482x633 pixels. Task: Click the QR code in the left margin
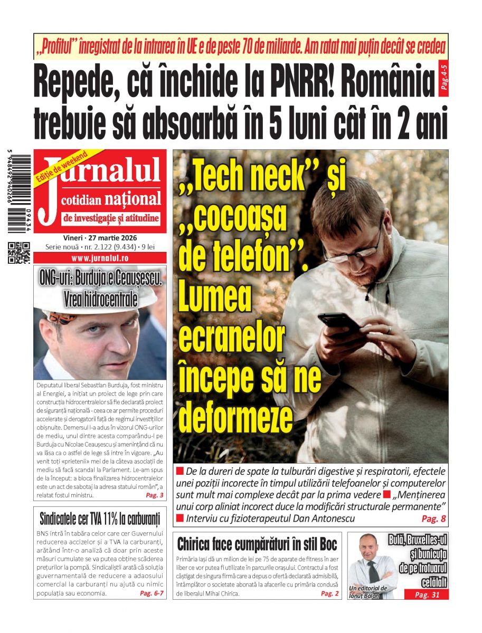tap(19, 252)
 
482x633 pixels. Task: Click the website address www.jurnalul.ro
tap(100, 259)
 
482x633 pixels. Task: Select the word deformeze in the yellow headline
tap(235, 417)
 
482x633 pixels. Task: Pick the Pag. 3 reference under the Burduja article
tap(154, 495)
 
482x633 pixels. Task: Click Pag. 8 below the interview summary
tap(434, 519)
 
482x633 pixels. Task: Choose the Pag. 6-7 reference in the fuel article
tap(152, 593)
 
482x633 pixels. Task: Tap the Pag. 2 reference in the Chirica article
tap(329, 593)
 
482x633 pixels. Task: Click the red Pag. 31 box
tap(426, 594)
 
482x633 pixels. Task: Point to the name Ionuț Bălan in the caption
tap(364, 596)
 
